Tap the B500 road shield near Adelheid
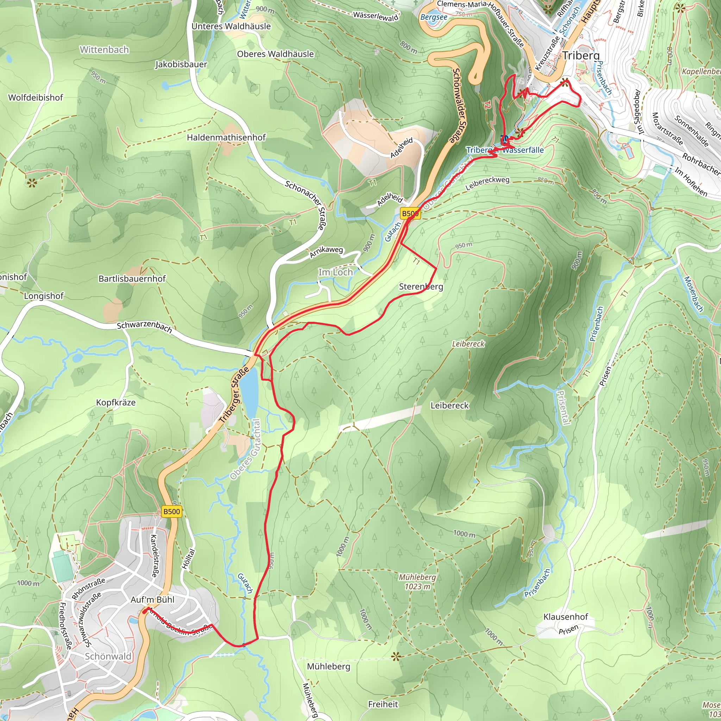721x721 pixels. pyautogui.click(x=410, y=213)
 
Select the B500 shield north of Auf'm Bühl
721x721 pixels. pyautogui.click(x=172, y=511)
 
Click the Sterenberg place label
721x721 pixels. pyautogui.click(x=421, y=287)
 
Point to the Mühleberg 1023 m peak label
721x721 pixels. pyautogui.click(x=417, y=582)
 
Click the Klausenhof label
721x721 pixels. pyautogui.click(x=565, y=616)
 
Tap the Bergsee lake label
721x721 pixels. pyautogui.click(x=433, y=17)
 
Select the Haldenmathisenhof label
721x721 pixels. pyautogui.click(x=226, y=137)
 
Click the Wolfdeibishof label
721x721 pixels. pyautogui.click(x=36, y=98)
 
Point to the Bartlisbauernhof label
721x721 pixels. pyautogui.click(x=132, y=279)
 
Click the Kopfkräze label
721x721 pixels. pyautogui.click(x=116, y=403)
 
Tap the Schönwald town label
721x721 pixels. pyautogui.click(x=108, y=657)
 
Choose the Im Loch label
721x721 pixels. pyautogui.click(x=335, y=272)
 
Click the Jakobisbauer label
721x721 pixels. pyautogui.click(x=181, y=64)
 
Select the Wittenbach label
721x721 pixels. pyautogui.click(x=104, y=50)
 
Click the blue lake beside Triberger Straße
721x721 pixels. pyautogui.click(x=249, y=390)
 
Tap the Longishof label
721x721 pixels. pyautogui.click(x=44, y=296)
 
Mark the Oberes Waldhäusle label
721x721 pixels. pyautogui.click(x=275, y=54)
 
